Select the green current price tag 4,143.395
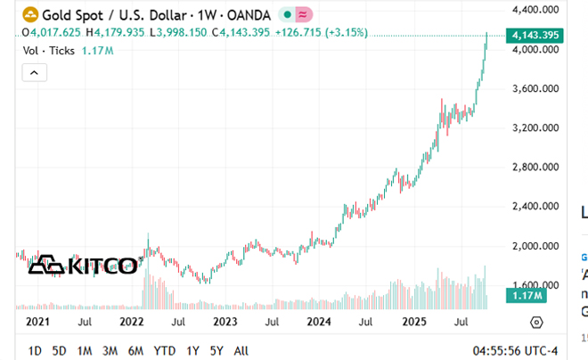click(x=535, y=35)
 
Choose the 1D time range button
click(x=35, y=350)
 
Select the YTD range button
click(x=165, y=350)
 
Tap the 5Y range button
click(x=216, y=350)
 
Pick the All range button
click(x=241, y=350)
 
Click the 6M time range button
click(x=136, y=350)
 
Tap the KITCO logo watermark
click(x=86, y=266)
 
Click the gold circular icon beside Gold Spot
click(x=31, y=15)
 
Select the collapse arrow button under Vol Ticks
click(x=35, y=72)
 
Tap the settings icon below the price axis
click(x=536, y=322)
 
